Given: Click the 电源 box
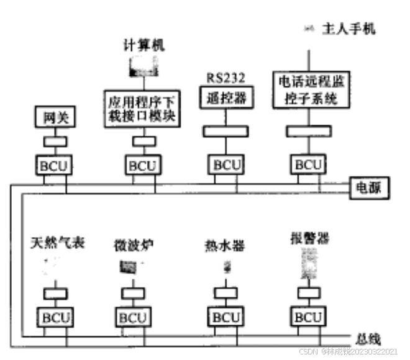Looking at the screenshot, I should click(368, 187).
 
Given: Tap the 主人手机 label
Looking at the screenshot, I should click(348, 29).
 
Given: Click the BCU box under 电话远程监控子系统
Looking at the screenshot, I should click(309, 165).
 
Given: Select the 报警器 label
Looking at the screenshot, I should click(309, 238).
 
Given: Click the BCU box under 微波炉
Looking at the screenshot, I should click(132, 317).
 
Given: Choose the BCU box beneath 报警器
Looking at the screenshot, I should click(309, 317).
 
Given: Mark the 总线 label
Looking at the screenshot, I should click(368, 338).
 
